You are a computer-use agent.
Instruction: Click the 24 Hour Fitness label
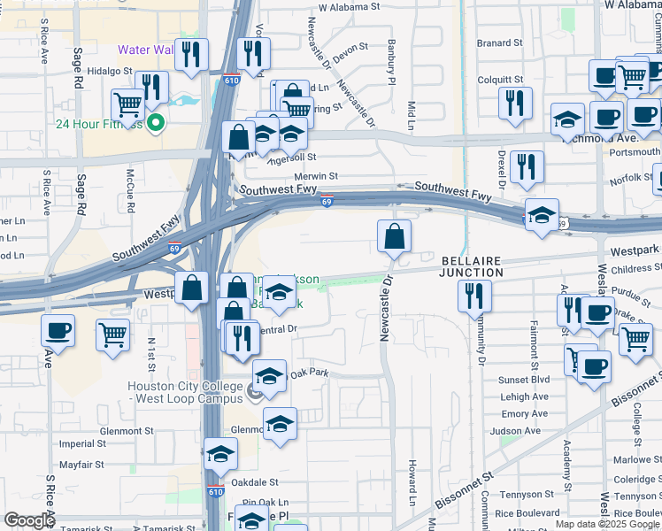click(98, 124)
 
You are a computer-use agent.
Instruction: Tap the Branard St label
click(499, 42)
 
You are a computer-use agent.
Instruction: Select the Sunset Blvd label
click(525, 379)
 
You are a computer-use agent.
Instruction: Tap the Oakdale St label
click(254, 482)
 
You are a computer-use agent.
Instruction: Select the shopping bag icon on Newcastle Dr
click(394, 235)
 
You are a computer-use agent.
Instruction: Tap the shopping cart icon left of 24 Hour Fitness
click(128, 104)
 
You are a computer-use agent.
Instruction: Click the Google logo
click(28, 520)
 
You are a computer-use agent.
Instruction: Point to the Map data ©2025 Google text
click(607, 524)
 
